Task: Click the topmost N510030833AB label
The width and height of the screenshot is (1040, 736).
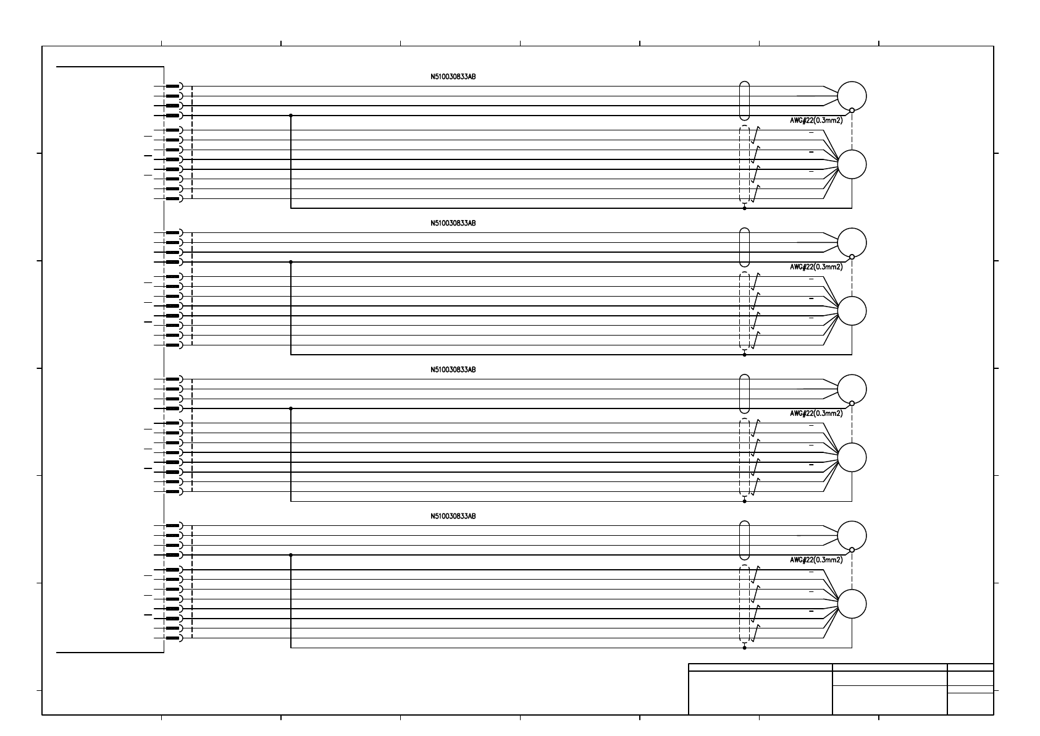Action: point(453,77)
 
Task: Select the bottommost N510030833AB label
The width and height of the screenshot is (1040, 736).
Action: point(453,516)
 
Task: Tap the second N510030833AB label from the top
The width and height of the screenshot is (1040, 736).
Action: point(453,223)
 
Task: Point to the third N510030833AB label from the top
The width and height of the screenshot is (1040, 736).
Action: point(453,370)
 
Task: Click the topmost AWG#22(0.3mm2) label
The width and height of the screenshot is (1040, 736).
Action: point(816,121)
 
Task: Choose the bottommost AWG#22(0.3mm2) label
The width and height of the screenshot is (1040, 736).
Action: point(816,560)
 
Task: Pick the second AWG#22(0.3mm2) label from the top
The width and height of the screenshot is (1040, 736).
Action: point(816,267)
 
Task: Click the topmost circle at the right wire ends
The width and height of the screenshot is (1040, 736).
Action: point(852,96)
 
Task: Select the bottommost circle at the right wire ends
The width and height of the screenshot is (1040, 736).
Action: point(852,604)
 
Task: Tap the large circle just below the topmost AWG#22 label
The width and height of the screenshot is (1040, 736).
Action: point(852,164)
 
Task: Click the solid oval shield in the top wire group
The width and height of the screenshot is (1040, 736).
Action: point(744,100)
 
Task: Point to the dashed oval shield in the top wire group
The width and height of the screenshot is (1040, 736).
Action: point(744,164)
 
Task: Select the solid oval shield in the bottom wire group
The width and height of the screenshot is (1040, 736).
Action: point(744,540)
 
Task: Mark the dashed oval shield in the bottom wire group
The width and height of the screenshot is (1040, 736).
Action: point(744,604)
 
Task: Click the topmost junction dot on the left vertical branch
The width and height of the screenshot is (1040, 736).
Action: point(291,116)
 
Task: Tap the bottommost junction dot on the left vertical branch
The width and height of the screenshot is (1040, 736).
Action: point(291,555)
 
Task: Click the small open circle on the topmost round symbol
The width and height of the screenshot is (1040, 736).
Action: point(852,111)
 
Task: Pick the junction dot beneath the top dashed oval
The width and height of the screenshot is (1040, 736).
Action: point(744,208)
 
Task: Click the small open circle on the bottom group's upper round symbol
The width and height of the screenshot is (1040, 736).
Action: point(852,549)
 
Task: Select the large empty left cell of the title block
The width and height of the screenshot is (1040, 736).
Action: point(760,693)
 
